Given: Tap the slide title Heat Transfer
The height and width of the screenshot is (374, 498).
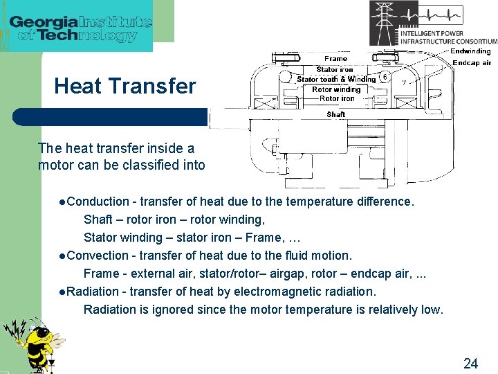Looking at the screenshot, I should pos(124,87).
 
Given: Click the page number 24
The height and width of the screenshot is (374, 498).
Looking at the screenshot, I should pos(470,363).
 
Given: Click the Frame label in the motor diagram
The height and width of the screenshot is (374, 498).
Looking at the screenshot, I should pos(336,59).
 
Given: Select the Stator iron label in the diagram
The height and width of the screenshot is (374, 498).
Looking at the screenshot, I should pos(335,69).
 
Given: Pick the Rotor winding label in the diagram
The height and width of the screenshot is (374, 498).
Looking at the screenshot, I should pos(336,89).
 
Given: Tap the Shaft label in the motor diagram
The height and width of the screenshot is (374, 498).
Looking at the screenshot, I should pos(336,114).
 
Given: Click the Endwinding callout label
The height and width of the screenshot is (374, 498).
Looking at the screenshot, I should pos(470,51).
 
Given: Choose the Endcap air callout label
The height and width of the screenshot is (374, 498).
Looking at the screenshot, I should pos(472,62).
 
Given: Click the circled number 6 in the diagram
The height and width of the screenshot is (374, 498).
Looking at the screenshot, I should pos(385,77).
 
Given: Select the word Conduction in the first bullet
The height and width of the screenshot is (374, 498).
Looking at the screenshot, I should pos(98,202).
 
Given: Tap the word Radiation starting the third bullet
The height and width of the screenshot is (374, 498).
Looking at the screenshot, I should pos(93,292).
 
